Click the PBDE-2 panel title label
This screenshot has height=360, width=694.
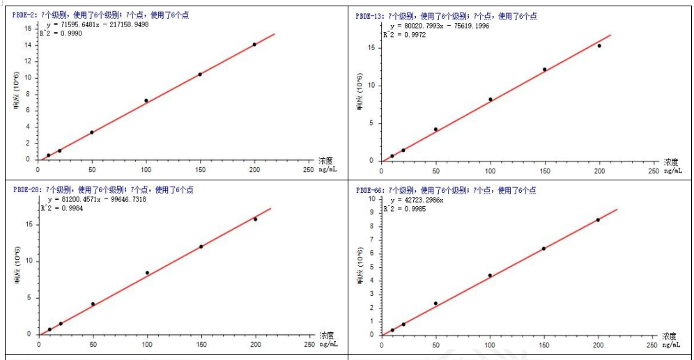pos(28,15)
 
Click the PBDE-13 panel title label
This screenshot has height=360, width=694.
pos(371,15)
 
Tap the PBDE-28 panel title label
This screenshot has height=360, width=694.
pos(28,189)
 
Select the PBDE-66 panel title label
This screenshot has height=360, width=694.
pos(371,189)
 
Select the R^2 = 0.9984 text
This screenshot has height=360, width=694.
pos(63,208)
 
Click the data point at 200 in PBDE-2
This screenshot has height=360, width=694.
pos(254,45)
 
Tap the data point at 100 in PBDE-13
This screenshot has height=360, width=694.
pos(491,99)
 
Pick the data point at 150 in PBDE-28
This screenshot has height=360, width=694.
pos(201,246)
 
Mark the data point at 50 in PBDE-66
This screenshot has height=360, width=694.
pos(435,303)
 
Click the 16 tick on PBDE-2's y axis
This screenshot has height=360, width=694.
pos(29,28)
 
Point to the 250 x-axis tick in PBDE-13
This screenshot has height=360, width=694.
pos(653,170)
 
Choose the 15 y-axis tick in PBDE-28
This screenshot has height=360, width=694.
pos(29,224)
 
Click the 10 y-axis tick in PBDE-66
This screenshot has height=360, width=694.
pos(371,198)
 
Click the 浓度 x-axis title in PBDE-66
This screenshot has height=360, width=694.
pos(670,335)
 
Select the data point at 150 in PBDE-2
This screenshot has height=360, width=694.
pos(200,74)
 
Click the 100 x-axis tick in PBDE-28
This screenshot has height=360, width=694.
pos(147,344)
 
